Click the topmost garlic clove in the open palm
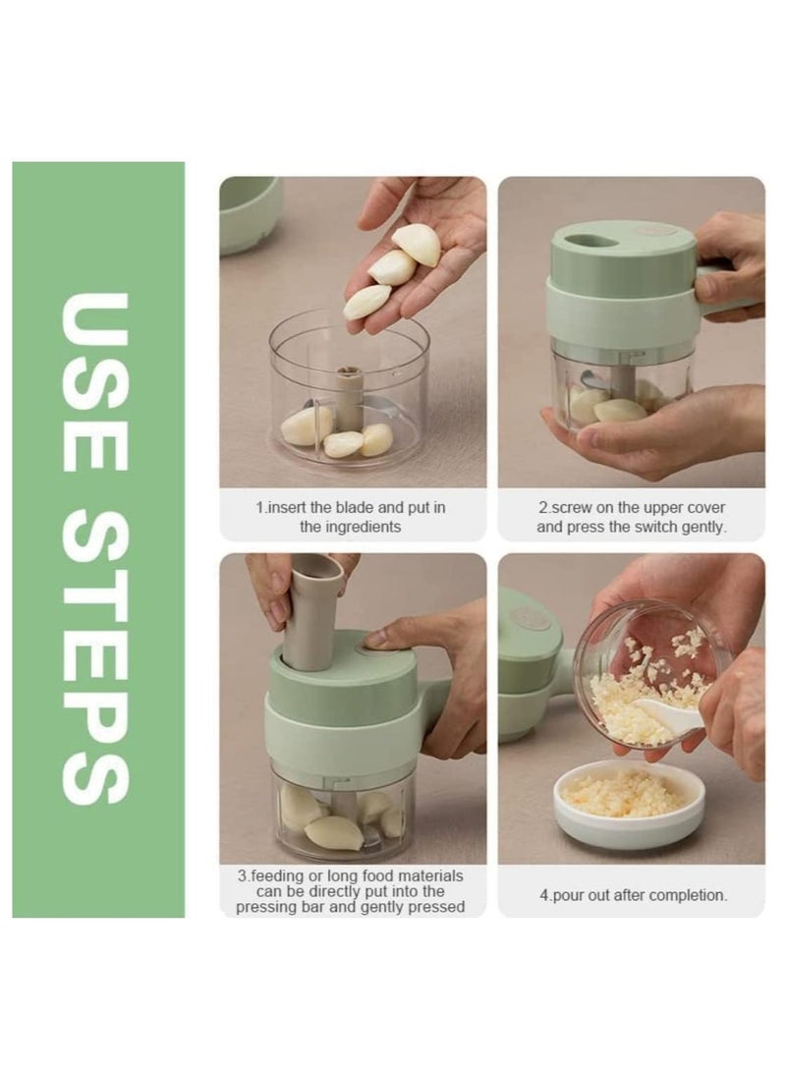[x=418, y=244]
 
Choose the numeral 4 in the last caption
[x=541, y=895]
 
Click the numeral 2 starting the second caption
[x=540, y=508]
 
